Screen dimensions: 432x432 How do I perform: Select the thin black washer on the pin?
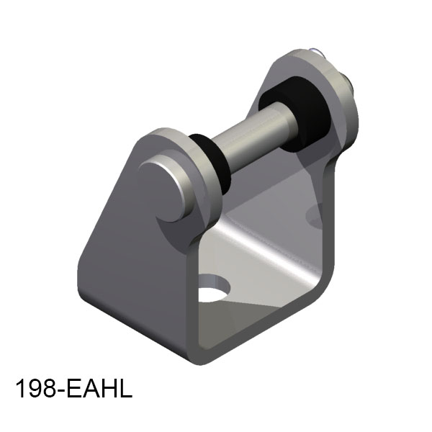click(210, 163)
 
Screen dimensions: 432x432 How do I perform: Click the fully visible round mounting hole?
click(215, 288)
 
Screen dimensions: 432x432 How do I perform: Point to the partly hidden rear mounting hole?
click(315, 214)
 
